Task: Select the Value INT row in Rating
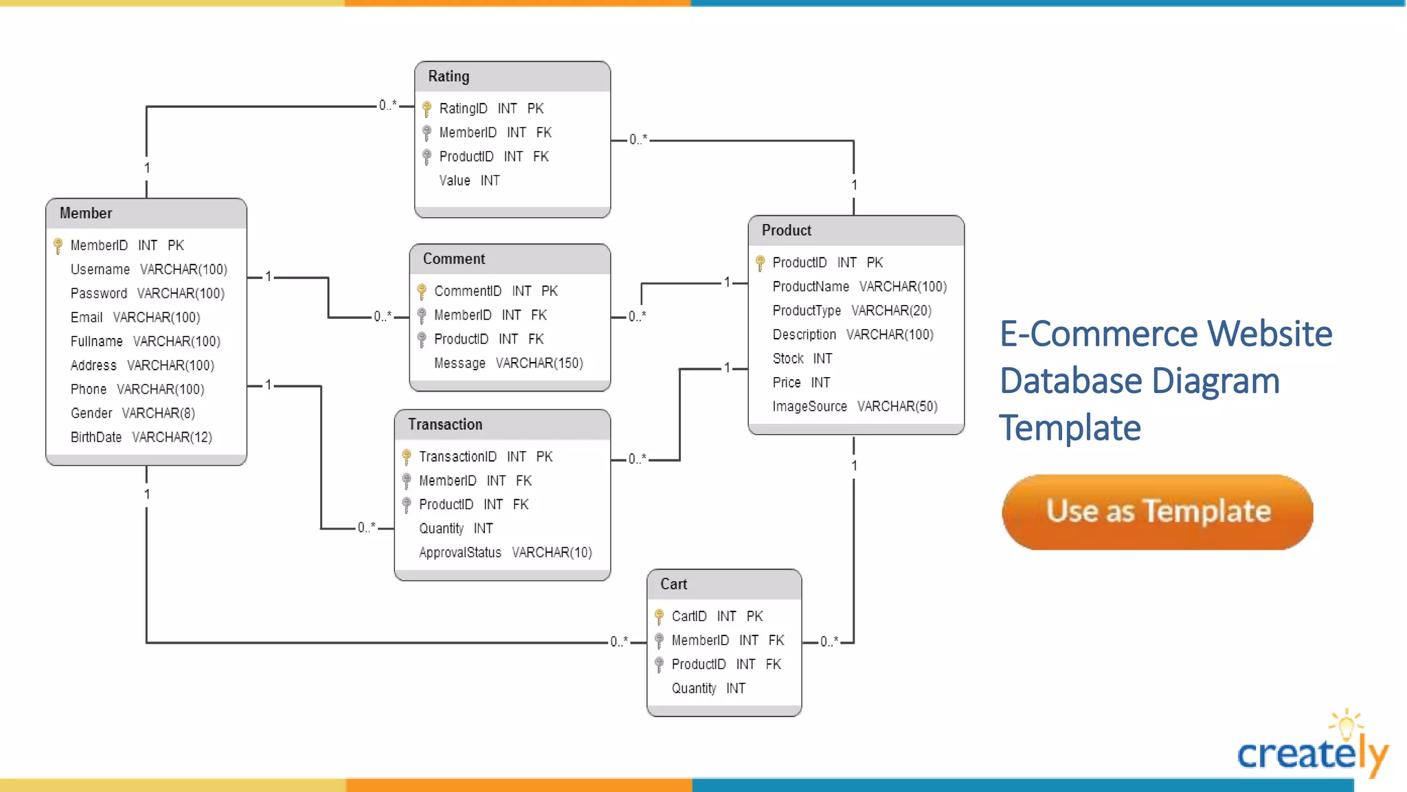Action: (x=469, y=181)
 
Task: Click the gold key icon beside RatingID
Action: (x=427, y=109)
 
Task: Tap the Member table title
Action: (x=86, y=213)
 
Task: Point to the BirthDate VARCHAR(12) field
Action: (x=141, y=438)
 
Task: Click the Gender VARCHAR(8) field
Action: (x=133, y=414)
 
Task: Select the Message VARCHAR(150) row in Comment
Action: (x=508, y=363)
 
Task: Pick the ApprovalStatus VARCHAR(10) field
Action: (x=505, y=553)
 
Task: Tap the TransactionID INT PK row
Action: (x=486, y=457)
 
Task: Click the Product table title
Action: (x=787, y=231)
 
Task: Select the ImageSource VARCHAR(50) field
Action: (x=855, y=407)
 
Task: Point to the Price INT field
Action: (x=801, y=383)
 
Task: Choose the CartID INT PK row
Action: (x=717, y=616)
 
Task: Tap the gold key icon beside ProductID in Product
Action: (x=760, y=263)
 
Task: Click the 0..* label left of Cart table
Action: (x=619, y=642)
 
